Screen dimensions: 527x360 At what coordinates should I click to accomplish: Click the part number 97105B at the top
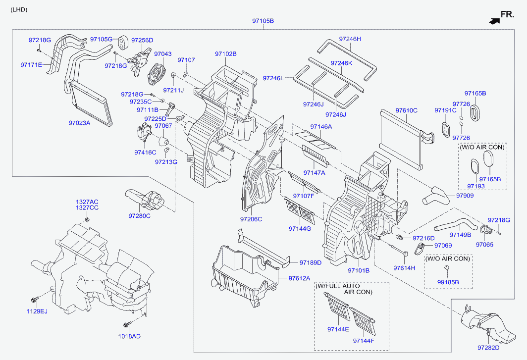click(263, 21)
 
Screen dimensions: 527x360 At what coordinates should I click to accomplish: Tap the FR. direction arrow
click(494, 21)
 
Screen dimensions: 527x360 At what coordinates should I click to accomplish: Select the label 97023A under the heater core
click(79, 123)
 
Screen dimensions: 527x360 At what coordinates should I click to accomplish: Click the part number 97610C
click(406, 110)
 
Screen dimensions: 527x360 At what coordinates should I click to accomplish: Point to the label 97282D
click(488, 348)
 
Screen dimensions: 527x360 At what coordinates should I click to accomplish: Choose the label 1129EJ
click(37, 311)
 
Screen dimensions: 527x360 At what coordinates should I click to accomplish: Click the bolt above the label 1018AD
click(127, 324)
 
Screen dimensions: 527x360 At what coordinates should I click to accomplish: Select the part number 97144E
click(338, 329)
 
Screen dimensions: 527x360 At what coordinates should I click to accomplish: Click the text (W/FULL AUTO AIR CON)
click(344, 289)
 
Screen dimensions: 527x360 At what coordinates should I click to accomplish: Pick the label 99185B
click(448, 282)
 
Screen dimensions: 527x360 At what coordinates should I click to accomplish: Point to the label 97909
click(465, 196)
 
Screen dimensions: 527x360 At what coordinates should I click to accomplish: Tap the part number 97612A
click(299, 278)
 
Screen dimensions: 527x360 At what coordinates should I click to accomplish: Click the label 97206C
click(251, 219)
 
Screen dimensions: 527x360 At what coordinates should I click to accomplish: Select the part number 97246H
click(350, 39)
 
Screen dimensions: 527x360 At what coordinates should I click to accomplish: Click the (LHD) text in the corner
click(19, 10)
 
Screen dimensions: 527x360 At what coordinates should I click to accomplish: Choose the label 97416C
click(145, 152)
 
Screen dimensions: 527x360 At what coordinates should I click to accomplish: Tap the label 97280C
click(140, 216)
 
